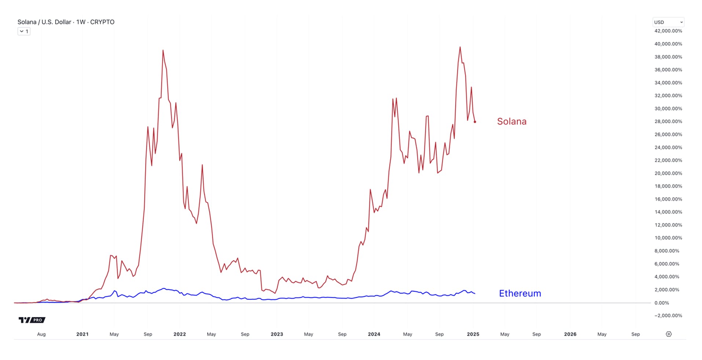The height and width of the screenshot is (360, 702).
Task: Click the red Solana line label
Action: tap(511, 121)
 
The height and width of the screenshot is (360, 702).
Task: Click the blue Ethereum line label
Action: tap(520, 293)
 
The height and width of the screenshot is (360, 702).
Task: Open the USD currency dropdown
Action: tap(668, 22)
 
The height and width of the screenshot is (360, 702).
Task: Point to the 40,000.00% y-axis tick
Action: tap(668, 44)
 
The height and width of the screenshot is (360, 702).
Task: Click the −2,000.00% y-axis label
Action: tap(668, 316)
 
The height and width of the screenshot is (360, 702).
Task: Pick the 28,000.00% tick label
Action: tap(668, 121)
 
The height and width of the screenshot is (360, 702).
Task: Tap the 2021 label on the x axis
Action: tap(82, 334)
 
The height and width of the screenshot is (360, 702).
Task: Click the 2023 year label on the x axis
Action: tap(277, 334)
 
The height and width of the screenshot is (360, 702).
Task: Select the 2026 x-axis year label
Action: tap(570, 334)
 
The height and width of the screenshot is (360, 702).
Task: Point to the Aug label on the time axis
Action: tap(41, 334)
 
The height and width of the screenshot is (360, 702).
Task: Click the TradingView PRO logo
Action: tap(32, 320)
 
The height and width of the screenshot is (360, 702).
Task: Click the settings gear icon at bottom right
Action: tap(669, 334)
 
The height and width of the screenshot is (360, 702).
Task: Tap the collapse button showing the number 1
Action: tap(24, 32)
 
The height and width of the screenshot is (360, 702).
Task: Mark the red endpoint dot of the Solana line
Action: tap(475, 122)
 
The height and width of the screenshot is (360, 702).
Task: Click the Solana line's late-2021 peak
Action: tap(163, 51)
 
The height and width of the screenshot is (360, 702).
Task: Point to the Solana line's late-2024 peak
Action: tap(460, 47)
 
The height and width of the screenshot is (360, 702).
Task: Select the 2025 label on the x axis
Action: tap(473, 334)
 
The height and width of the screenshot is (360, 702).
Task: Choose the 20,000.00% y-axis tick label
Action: tap(668, 173)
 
